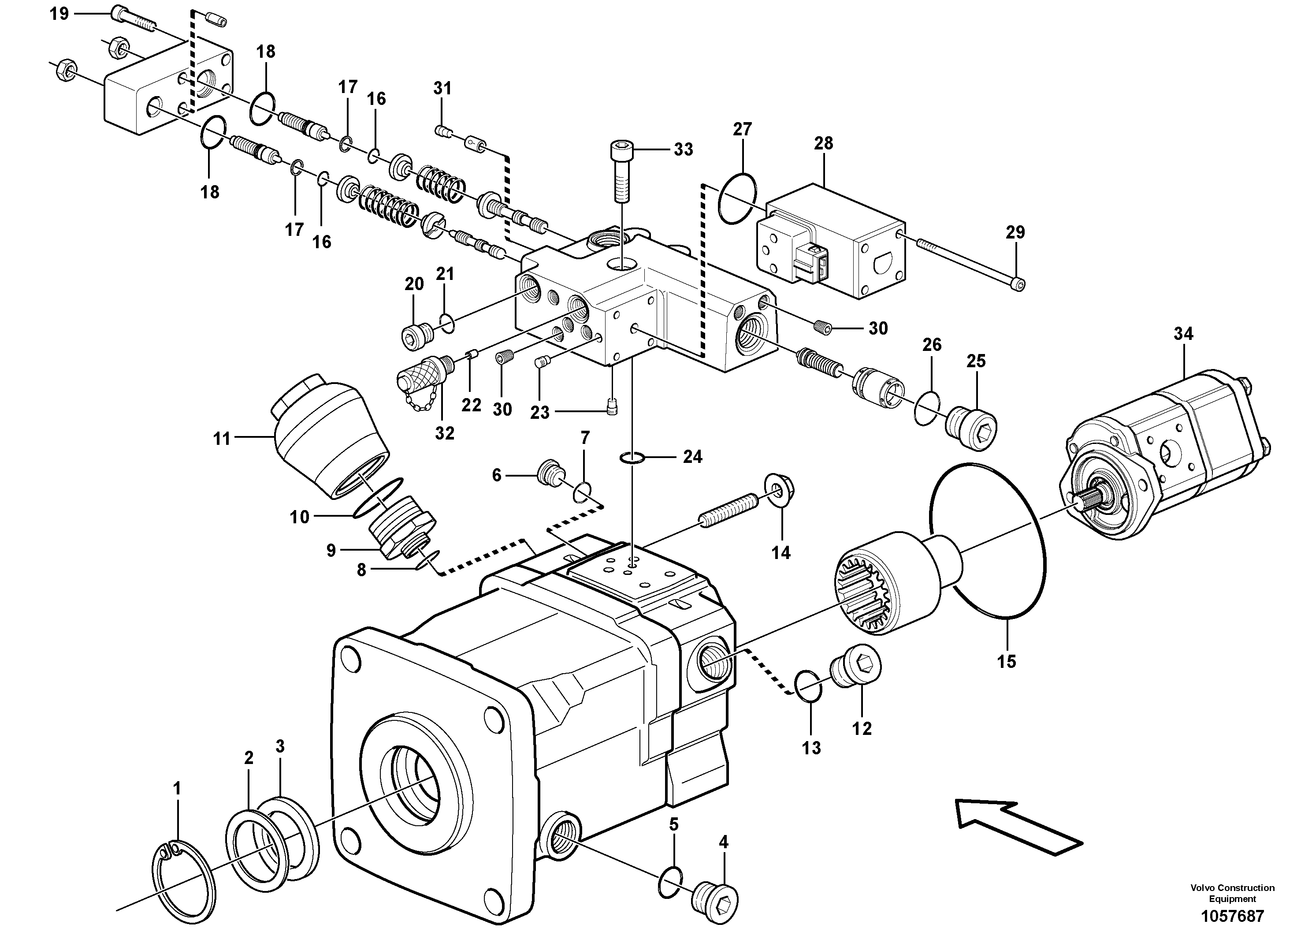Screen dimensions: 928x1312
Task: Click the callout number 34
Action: tap(1183, 334)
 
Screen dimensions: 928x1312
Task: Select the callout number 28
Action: tap(823, 144)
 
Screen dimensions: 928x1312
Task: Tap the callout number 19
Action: tap(59, 13)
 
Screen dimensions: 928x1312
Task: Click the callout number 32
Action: tap(445, 433)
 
